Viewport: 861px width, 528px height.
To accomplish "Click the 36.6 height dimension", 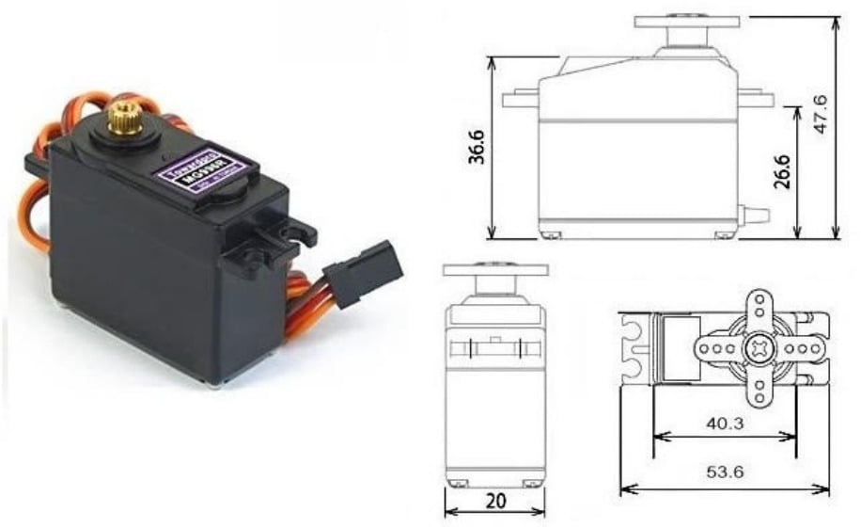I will point(477,147).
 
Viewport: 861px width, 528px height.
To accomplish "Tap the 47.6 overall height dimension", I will point(822,114).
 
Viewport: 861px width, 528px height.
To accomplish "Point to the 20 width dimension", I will point(493,501).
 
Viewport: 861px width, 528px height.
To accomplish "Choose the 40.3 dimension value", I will point(724,424).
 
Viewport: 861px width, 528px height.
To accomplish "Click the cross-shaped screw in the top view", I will point(758,347).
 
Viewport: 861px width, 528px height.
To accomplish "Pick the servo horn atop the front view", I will point(494,270).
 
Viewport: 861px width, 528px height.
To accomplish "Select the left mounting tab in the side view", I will point(521,98).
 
